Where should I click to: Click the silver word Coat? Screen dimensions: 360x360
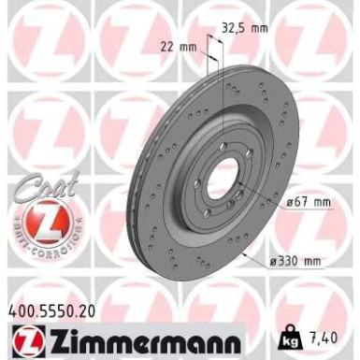37,186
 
